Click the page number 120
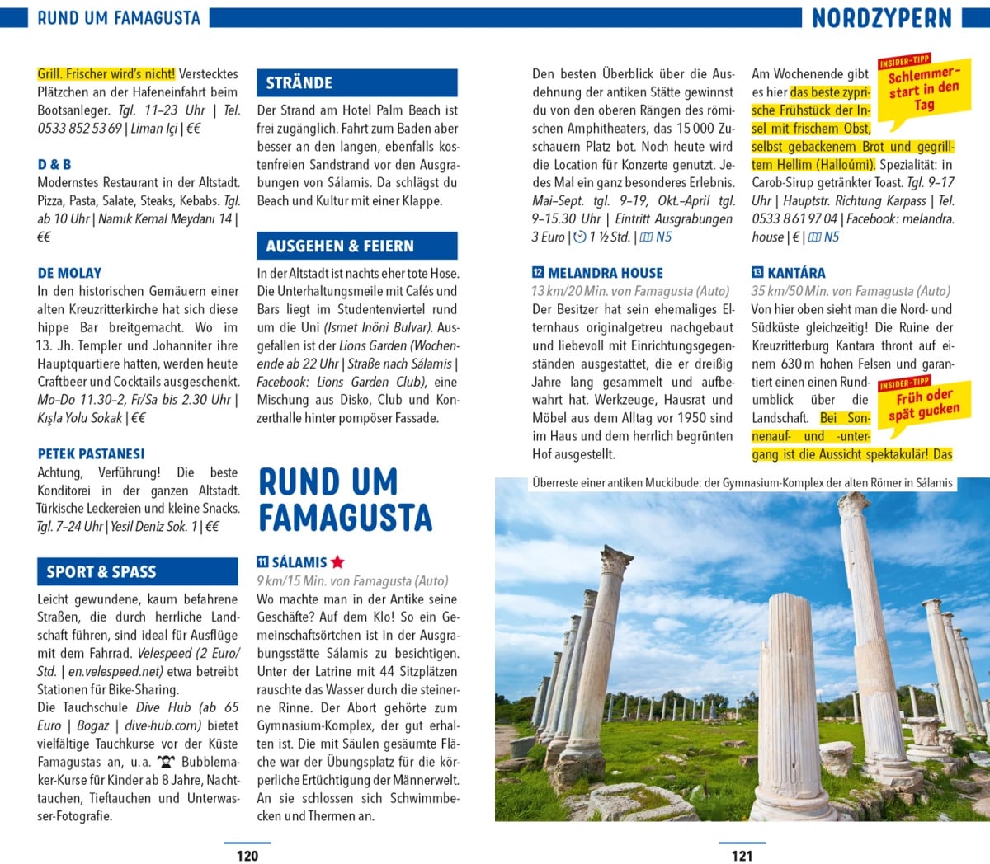click(x=247, y=855)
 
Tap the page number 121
click(x=742, y=855)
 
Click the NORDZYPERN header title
click(x=881, y=18)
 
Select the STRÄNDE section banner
click(x=356, y=82)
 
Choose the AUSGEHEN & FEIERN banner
click(x=356, y=246)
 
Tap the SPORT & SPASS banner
click(x=137, y=571)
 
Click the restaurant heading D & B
click(x=54, y=164)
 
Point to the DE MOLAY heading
click(x=69, y=273)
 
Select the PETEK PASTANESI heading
click(x=91, y=453)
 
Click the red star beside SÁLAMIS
click(x=337, y=562)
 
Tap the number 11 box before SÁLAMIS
click(x=262, y=562)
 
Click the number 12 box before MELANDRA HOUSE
click(x=538, y=273)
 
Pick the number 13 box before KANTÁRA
click(x=757, y=273)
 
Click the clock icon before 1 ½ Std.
click(x=579, y=237)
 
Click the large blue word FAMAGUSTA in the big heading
click(x=346, y=518)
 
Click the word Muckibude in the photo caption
click(x=652, y=483)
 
